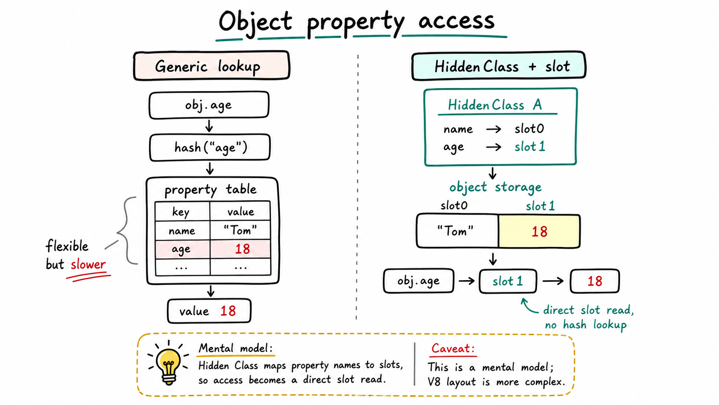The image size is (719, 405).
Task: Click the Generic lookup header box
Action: click(x=212, y=65)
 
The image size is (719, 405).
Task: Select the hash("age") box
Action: click(x=210, y=148)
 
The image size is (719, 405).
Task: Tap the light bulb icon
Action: click(x=168, y=363)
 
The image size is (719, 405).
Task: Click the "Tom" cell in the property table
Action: click(x=240, y=230)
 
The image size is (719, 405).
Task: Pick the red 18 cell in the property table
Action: click(x=240, y=249)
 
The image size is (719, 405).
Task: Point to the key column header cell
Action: click(x=182, y=211)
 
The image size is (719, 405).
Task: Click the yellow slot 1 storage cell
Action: click(x=539, y=231)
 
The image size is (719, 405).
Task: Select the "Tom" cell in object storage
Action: click(x=457, y=231)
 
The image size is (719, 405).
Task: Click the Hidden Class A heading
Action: click(x=495, y=105)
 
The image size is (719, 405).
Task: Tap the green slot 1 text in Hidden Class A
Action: click(x=530, y=147)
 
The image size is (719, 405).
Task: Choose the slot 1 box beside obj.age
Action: click(x=508, y=281)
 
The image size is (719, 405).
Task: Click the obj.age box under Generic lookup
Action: click(x=209, y=105)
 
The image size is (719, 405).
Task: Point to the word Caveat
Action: click(x=453, y=348)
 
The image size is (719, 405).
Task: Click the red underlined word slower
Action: click(x=88, y=264)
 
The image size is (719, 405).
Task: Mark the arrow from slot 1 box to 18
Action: click(x=553, y=281)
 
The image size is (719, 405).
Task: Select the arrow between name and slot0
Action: click(x=494, y=129)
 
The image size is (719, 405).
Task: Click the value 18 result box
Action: click(x=209, y=311)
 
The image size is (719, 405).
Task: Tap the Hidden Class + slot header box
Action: click(x=499, y=65)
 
